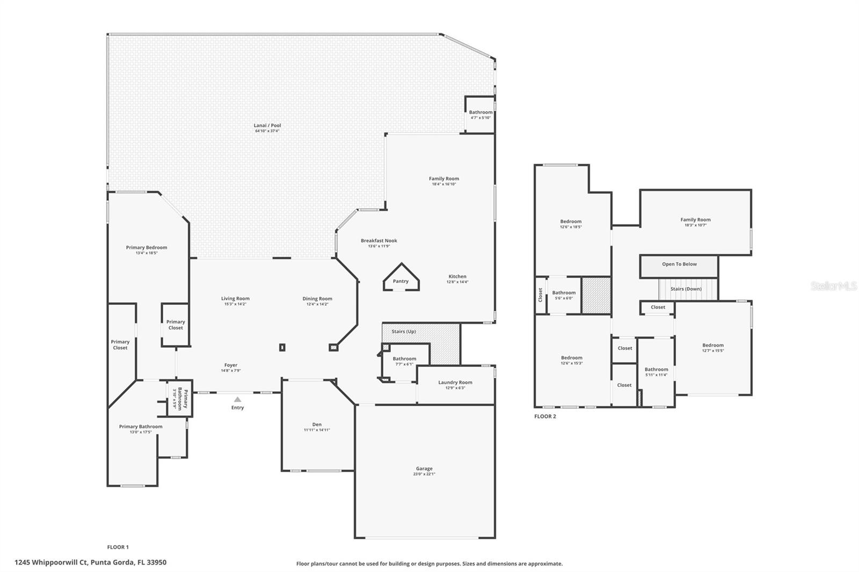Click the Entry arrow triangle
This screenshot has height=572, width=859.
pyautogui.click(x=237, y=399)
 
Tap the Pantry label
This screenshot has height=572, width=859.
pyautogui.click(x=401, y=281)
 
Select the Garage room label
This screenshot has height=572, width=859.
pyautogui.click(x=424, y=468)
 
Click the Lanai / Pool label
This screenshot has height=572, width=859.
pyautogui.click(x=267, y=126)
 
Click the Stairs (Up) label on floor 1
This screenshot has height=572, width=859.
pyautogui.click(x=403, y=332)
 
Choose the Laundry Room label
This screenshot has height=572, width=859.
pyautogui.click(x=455, y=383)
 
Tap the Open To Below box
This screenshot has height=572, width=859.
pyautogui.click(x=679, y=265)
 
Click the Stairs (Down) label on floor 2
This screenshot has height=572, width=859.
pyautogui.click(x=686, y=289)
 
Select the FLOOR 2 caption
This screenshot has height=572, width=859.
pyautogui.click(x=545, y=416)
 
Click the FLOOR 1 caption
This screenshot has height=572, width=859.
pyautogui.click(x=118, y=547)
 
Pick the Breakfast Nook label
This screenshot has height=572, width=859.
pyautogui.click(x=378, y=241)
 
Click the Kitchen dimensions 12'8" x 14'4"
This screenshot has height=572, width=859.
pyautogui.click(x=457, y=282)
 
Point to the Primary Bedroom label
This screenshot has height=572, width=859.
pyautogui.click(x=147, y=248)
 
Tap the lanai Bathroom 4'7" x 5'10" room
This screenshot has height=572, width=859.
pyautogui.click(x=480, y=115)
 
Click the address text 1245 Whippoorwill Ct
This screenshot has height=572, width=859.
pyautogui.click(x=51, y=563)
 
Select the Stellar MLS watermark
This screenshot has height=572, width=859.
pyautogui.click(x=833, y=287)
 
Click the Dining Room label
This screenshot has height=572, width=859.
pyautogui.click(x=317, y=299)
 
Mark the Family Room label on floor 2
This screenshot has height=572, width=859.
pyautogui.click(x=695, y=219)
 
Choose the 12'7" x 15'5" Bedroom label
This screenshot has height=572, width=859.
pyautogui.click(x=712, y=346)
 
